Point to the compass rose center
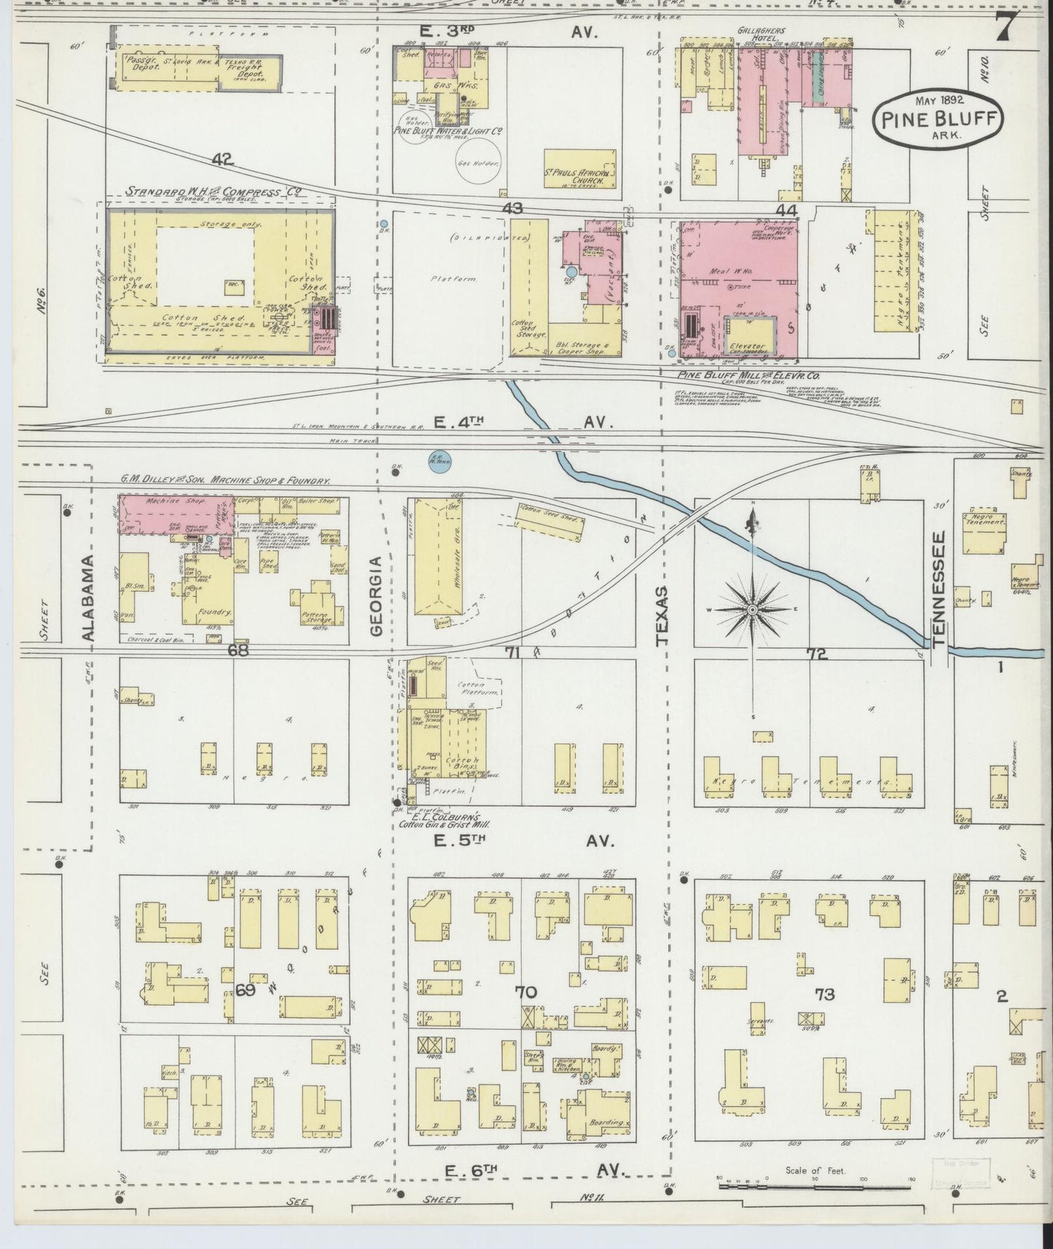pos(753,608)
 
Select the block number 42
pos(224,159)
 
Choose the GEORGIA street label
pos(376,596)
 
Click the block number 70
pos(525,992)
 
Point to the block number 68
pos(238,651)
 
